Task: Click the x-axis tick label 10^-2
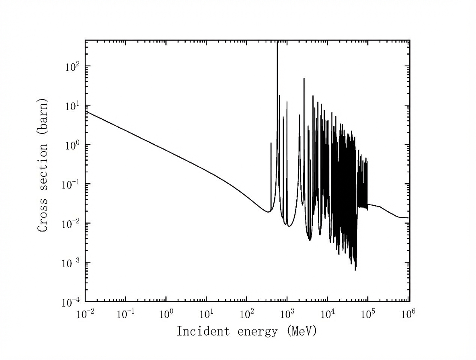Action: coord(85,313)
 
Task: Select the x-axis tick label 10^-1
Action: coord(125,313)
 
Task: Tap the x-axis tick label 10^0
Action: coord(166,313)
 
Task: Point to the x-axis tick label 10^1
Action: coord(206,313)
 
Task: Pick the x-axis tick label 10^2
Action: coord(246,313)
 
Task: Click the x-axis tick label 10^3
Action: coord(287,313)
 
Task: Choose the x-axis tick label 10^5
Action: coord(367,313)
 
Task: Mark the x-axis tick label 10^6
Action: coord(408,313)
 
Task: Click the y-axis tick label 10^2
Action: coord(72,66)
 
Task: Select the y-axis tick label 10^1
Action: coord(72,105)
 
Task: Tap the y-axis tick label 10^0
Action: coord(72,145)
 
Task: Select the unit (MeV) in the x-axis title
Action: coord(302,332)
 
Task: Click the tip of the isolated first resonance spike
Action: coord(271,143)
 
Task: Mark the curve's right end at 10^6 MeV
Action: coord(408,218)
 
